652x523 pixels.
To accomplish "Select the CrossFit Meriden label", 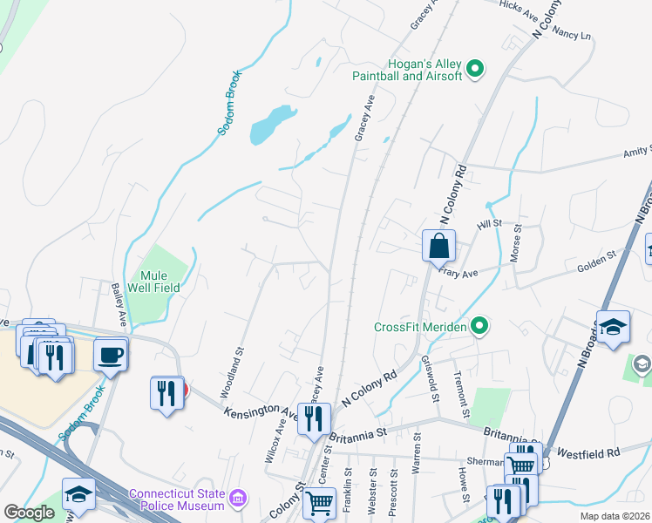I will point(419,327).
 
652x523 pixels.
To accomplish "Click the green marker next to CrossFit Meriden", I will point(479,327).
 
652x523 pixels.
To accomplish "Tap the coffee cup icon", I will point(111,355).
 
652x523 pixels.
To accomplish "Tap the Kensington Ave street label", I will point(261,413).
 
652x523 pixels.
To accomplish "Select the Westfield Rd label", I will point(589,453).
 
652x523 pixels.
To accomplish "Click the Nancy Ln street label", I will point(572,37).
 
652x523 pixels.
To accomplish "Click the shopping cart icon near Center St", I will point(320,502).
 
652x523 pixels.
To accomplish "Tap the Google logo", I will point(30,513).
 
